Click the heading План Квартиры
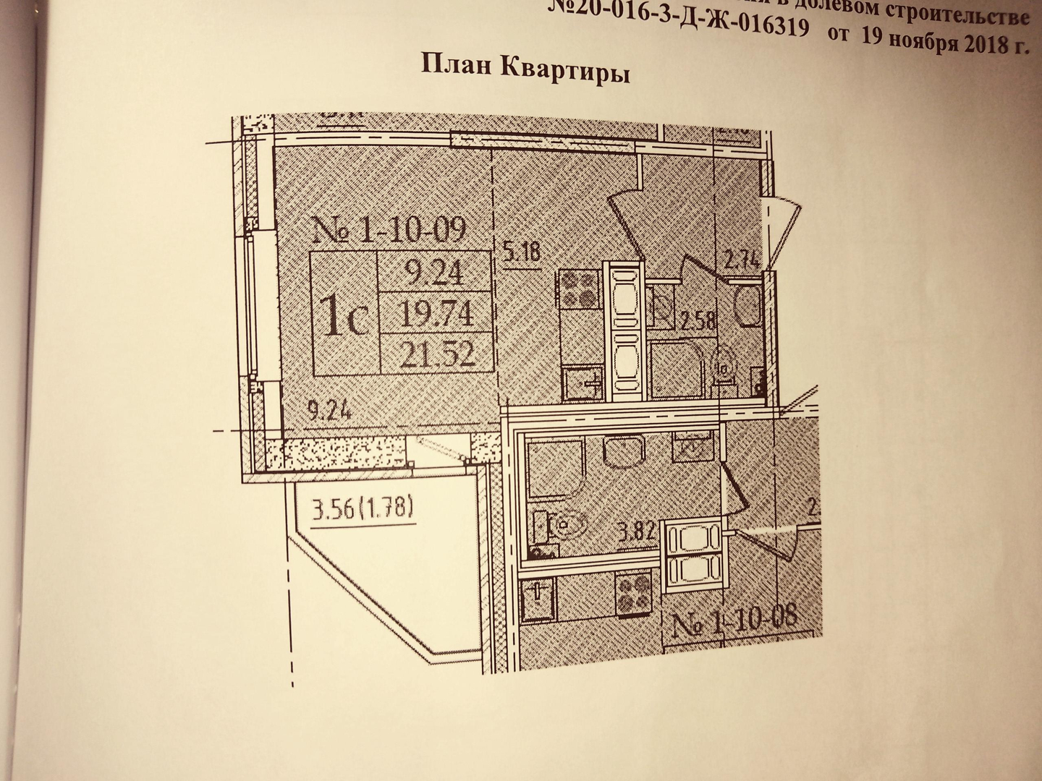525,70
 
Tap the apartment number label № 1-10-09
389,229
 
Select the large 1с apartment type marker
345,318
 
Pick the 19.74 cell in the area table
438,313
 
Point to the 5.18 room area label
521,253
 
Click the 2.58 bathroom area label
697,319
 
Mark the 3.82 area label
638,533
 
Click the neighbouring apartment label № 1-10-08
734,620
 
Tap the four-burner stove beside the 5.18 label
578,287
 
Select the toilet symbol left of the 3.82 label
562,526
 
